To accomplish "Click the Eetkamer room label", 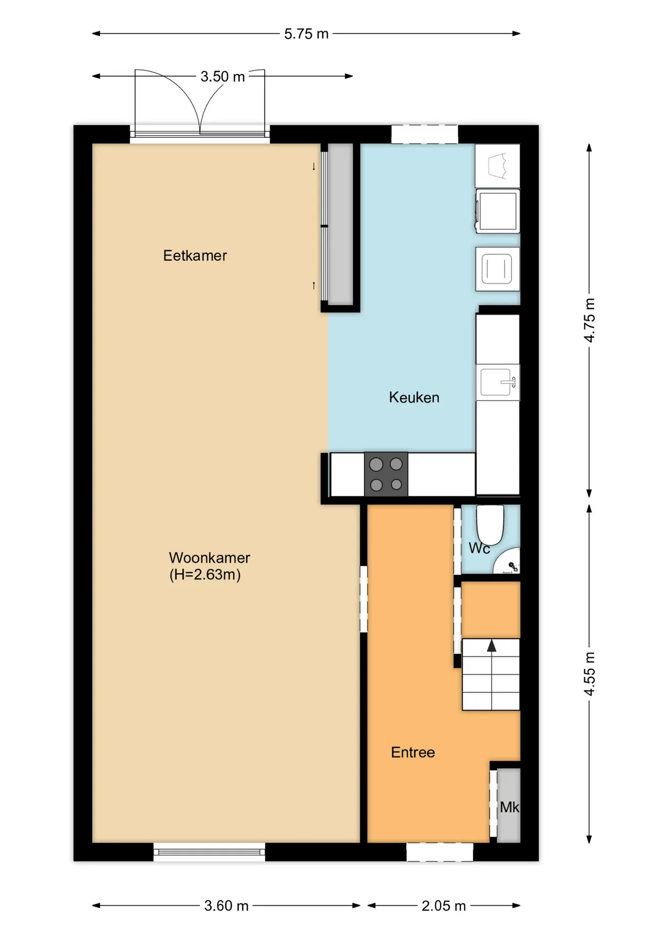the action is coord(195,255).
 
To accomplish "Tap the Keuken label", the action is coord(414,397).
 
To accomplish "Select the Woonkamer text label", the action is coord(209,558).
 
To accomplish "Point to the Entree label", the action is coord(413,752).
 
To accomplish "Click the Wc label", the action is coord(479,548).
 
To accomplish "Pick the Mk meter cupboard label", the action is coord(509,807).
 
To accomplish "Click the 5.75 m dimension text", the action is coord(306,34).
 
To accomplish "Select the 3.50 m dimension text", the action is coord(222,76).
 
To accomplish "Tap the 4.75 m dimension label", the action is coord(590,320).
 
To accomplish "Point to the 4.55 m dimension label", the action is coord(590,673).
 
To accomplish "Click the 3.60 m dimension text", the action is coord(226,906).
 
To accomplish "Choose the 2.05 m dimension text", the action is coord(443,906).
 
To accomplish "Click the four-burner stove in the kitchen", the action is coord(386,474).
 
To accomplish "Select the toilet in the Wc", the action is coord(490,525).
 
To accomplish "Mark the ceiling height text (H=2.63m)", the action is coord(205,574).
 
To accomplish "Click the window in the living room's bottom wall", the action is coord(209,852).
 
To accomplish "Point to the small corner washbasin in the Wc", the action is coord(507,561).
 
